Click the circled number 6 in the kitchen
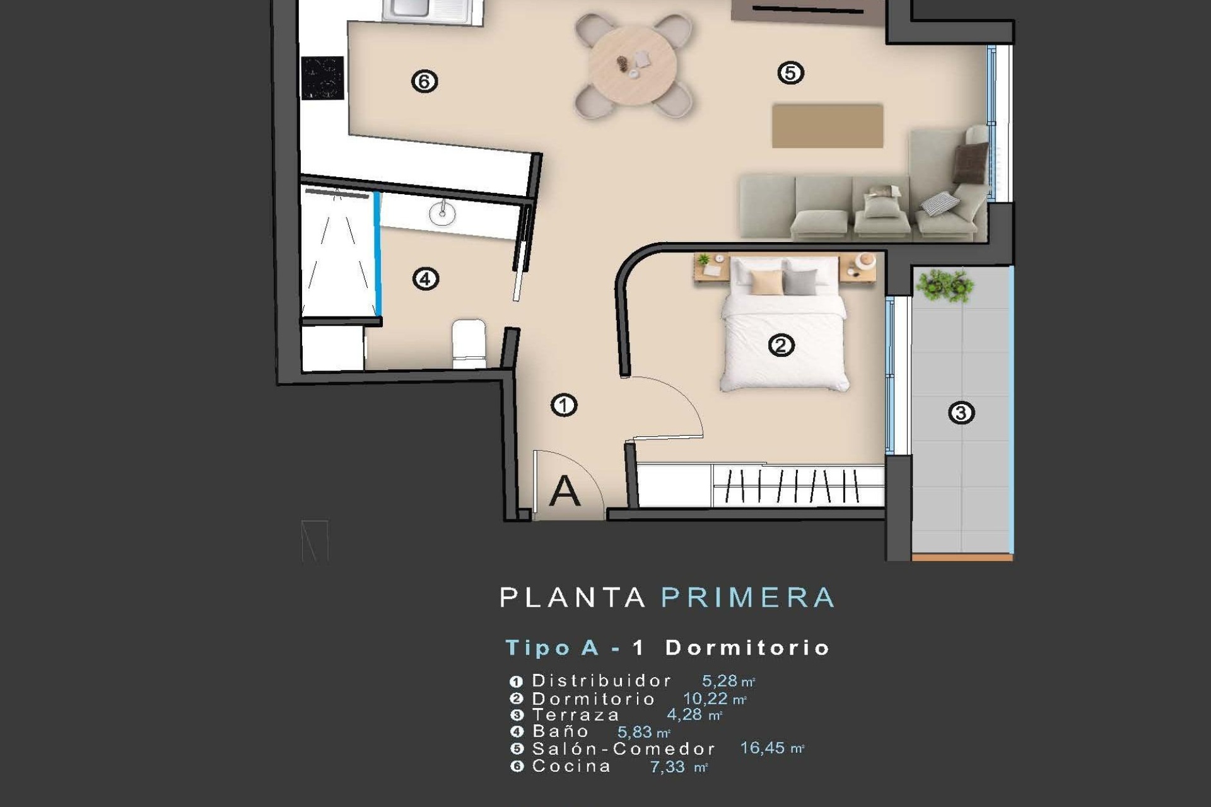point(424,81)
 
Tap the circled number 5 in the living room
point(790,73)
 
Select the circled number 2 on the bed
point(781,345)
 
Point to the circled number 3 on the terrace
point(961,413)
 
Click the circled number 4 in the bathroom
point(426,279)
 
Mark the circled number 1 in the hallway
point(564,405)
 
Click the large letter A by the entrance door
point(565,492)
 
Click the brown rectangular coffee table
point(828,126)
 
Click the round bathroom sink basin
point(442,214)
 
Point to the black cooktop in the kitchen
point(322,78)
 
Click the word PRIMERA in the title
point(748,598)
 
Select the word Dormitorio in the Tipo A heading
point(747,647)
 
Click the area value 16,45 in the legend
point(763,748)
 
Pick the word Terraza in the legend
point(576,715)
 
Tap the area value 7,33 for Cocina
point(667,767)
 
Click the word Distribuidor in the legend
point(602,681)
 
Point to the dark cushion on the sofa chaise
point(969,162)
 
